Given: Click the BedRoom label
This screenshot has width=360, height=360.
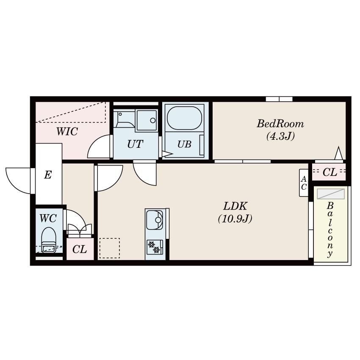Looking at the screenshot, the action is click(x=280, y=124).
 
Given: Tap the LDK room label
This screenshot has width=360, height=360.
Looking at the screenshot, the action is click(x=235, y=206).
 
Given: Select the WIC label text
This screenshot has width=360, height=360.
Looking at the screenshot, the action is click(x=67, y=131).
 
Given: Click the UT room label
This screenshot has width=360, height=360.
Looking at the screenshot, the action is click(x=135, y=144).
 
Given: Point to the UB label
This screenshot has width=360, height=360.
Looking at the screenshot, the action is click(x=184, y=144).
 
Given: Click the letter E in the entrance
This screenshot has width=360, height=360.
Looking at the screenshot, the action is click(x=48, y=175).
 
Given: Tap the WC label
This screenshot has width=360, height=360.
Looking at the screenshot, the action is click(x=48, y=219).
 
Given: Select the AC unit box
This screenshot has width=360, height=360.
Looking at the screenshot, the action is click(x=304, y=183).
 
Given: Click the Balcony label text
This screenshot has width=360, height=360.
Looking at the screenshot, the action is click(x=330, y=230).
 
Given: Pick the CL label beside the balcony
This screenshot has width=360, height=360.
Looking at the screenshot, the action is click(x=330, y=172).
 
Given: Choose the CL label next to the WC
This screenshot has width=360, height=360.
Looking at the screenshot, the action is click(x=80, y=249).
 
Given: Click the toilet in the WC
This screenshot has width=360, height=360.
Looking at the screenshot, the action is click(x=48, y=240).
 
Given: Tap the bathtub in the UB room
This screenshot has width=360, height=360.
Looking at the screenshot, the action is click(x=185, y=118).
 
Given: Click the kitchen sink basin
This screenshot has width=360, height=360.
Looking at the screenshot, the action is click(x=155, y=220).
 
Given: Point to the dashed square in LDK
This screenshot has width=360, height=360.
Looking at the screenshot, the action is click(x=110, y=248).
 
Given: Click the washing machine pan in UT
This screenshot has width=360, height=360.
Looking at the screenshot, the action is click(x=147, y=120).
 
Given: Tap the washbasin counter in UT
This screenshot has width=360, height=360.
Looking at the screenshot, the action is click(x=125, y=119).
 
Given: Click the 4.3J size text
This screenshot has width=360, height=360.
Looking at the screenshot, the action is click(x=280, y=136).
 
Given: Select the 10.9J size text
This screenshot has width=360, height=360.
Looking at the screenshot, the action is click(x=235, y=219).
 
